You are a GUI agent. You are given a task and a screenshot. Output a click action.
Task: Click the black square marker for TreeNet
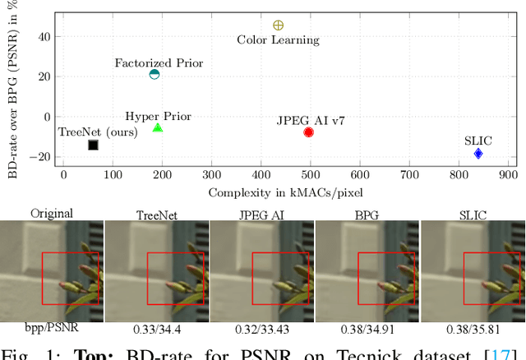93,145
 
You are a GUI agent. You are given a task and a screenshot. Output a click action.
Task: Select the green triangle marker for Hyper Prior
158,127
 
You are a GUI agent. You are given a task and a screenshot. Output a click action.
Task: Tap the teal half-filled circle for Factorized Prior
154,75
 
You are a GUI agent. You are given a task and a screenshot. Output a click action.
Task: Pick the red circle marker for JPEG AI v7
308,132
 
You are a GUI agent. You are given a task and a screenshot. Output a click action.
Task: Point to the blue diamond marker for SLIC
478,154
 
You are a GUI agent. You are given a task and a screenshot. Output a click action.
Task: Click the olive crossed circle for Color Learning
278,25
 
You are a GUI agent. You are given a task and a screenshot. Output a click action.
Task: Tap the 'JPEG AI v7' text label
311,120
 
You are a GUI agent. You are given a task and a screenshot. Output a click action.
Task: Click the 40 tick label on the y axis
44,36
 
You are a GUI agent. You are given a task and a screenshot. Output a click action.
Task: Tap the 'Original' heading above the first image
51,213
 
